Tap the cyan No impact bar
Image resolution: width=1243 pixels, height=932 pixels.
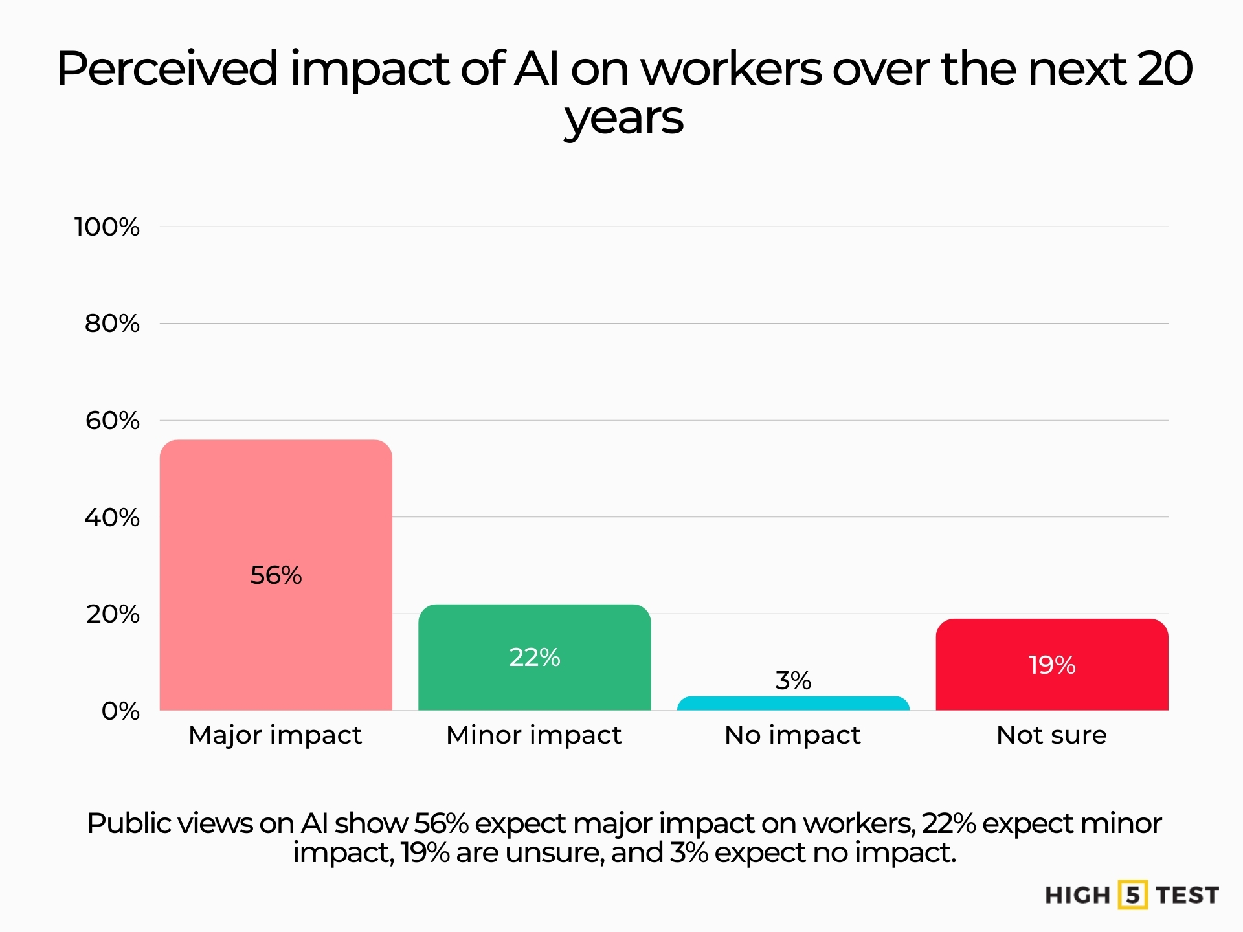(793, 704)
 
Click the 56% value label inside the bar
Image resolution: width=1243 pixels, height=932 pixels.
(276, 575)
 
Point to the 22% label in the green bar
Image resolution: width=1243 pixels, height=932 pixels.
(534, 658)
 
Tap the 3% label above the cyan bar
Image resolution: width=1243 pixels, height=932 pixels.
(793, 681)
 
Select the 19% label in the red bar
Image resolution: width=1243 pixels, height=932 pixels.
(1052, 665)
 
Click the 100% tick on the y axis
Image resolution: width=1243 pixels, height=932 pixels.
(107, 227)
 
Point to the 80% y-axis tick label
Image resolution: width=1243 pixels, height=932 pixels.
(112, 324)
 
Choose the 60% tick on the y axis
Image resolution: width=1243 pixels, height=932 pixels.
(112, 421)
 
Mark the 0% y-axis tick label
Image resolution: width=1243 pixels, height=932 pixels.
(120, 711)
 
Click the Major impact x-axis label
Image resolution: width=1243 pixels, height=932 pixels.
(275, 735)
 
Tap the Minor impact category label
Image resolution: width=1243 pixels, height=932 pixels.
(534, 735)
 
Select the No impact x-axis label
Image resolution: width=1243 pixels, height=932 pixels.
(793, 735)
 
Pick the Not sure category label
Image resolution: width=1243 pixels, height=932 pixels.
(1052, 735)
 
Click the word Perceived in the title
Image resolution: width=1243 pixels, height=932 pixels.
(167, 69)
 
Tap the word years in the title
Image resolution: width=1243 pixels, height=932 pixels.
(623, 119)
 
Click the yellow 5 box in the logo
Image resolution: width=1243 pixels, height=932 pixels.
(1132, 895)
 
